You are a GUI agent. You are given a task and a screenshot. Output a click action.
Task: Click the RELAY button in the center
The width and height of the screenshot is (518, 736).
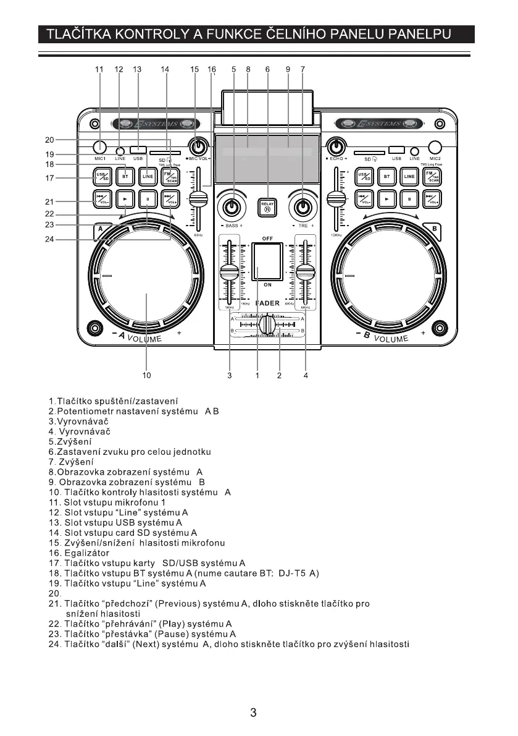coord(267,206)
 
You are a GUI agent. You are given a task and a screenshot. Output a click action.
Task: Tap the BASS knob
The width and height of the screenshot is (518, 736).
coord(232,206)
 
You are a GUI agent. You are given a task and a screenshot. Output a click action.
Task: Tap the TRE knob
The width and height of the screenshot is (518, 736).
coord(303,206)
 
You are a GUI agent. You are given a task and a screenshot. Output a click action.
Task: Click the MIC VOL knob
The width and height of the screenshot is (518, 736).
coord(198,148)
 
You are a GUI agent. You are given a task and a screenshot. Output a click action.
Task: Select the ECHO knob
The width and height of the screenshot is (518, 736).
coord(336,147)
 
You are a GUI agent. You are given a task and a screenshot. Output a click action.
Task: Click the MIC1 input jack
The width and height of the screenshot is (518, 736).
coord(99,148)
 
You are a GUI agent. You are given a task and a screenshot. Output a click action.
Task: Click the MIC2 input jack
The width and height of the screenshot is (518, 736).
coord(436,147)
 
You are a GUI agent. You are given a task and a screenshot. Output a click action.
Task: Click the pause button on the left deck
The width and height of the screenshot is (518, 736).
coord(148,199)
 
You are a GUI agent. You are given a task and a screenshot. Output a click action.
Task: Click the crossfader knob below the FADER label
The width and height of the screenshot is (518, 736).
coord(267,324)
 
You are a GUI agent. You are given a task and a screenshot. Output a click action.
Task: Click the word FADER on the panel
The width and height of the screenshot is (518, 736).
coord(267,303)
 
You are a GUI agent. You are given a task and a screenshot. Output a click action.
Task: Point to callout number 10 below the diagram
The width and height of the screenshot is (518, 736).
coord(146,374)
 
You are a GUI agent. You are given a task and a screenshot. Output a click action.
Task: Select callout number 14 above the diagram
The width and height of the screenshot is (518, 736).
coord(165,70)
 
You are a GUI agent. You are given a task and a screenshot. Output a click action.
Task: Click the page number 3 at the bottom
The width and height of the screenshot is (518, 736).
coord(253,713)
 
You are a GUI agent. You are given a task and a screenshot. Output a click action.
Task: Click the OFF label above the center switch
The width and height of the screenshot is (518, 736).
coord(267,238)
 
